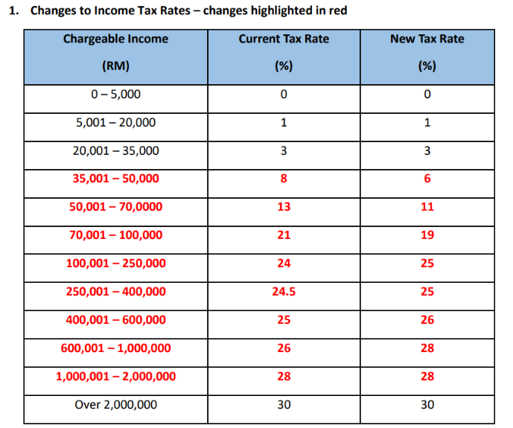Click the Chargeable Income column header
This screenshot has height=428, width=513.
click(116, 39)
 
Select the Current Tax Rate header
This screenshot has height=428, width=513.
click(284, 39)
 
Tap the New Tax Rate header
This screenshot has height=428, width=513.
click(427, 39)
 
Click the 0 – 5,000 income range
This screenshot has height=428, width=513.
click(116, 95)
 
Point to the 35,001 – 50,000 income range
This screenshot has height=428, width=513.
click(116, 179)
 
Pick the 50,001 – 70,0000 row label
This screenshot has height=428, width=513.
click(116, 207)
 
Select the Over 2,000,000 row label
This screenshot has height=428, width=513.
click(116, 405)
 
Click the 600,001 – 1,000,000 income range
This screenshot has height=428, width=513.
click(116, 348)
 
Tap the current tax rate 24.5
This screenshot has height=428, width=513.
click(284, 292)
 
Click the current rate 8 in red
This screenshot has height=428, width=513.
click(284, 179)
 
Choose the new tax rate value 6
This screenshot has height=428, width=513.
click(427, 179)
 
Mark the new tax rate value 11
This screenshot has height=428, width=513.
click(427, 207)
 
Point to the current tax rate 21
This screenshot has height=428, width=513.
click(284, 235)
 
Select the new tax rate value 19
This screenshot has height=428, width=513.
click(427, 235)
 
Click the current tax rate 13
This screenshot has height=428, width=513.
click(284, 207)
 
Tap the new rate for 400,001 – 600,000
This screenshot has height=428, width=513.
click(427, 320)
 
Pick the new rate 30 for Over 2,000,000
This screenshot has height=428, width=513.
click(427, 405)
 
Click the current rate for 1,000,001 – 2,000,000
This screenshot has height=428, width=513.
click(284, 377)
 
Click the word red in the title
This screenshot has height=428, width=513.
click(338, 10)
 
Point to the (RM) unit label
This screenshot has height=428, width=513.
click(116, 66)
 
